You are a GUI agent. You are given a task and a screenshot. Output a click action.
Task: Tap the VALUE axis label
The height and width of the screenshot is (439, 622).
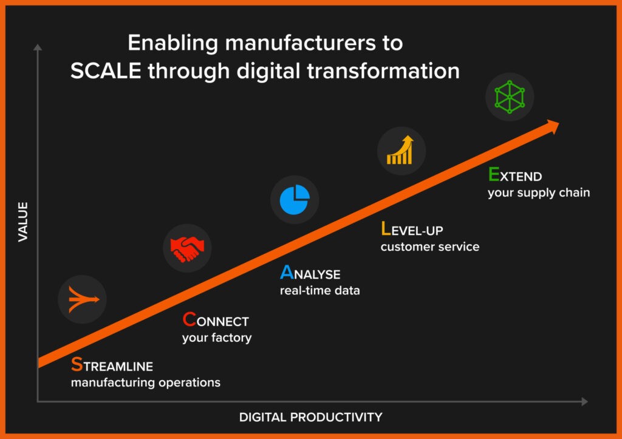[x=23, y=222]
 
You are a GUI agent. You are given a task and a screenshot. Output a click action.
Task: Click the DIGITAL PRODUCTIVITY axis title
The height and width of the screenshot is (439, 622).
[x=310, y=417]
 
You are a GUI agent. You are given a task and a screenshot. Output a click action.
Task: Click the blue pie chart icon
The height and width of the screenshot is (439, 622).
[x=295, y=200]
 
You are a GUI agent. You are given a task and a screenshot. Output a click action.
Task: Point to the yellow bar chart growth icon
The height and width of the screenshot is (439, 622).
[x=401, y=151]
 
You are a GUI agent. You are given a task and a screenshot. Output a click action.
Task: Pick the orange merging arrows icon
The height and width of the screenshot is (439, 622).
[x=83, y=299]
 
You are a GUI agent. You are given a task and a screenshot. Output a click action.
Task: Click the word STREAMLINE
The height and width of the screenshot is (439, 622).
[x=112, y=366]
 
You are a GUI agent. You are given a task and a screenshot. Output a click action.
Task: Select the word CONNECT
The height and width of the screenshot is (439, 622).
[x=216, y=321]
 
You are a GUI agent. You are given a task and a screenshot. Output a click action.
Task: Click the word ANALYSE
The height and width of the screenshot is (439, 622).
[x=310, y=274]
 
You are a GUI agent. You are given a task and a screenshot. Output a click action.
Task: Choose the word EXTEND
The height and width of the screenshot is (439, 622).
[x=515, y=177]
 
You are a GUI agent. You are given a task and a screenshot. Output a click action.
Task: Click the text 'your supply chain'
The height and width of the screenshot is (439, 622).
[x=539, y=193]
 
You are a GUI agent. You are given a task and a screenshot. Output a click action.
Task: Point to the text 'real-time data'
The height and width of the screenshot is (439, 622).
[x=320, y=290]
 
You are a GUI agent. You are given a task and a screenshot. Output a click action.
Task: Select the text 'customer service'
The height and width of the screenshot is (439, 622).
[x=429, y=247]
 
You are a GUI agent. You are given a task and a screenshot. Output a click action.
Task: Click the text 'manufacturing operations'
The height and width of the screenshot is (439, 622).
[x=145, y=383]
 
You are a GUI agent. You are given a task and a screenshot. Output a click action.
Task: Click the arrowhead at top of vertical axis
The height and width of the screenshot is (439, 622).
[x=38, y=47]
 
